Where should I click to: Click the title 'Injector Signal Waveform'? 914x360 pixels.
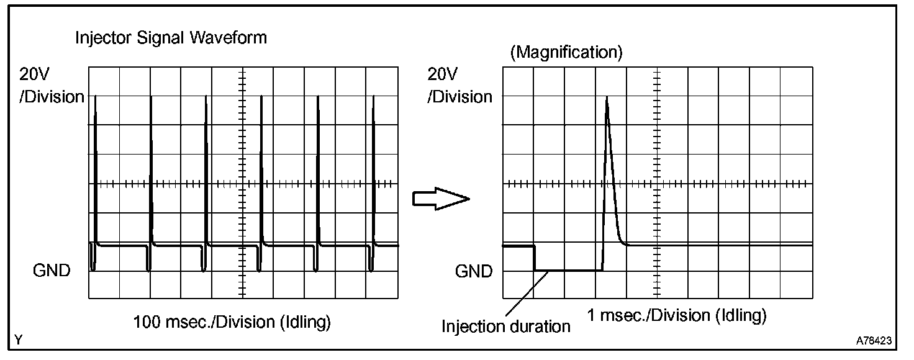171,38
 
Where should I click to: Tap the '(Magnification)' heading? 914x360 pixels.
566,53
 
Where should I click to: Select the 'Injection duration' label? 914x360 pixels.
505,326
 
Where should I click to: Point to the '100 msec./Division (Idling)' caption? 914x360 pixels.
232,322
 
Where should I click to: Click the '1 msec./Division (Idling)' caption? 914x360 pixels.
677,315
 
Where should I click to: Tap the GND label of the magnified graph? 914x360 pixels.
474,271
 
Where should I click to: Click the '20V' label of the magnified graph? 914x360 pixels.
443,75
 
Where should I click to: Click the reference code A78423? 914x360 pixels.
874,341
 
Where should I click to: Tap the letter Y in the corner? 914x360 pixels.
19,340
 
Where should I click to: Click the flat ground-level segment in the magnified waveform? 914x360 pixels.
568,270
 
